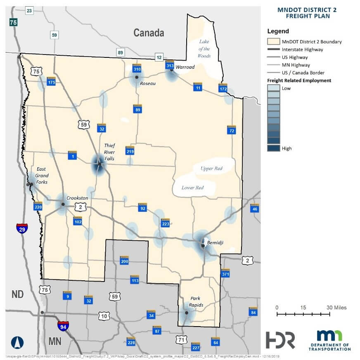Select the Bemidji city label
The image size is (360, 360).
point(215,242)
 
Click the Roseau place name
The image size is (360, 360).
point(148,83)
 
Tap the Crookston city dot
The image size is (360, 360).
point(63,204)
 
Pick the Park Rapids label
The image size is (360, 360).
point(197,301)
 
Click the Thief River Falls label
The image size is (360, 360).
point(110,152)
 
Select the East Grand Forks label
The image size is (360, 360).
point(41,175)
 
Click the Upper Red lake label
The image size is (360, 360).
point(211,168)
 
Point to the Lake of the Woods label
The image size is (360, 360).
point(204,49)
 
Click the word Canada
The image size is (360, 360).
point(149,33)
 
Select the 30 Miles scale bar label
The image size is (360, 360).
point(336,308)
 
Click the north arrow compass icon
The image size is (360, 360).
point(16,342)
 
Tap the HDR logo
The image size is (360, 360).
point(281,339)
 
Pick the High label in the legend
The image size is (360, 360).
point(287,148)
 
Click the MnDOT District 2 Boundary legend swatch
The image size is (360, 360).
point(273,42)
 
